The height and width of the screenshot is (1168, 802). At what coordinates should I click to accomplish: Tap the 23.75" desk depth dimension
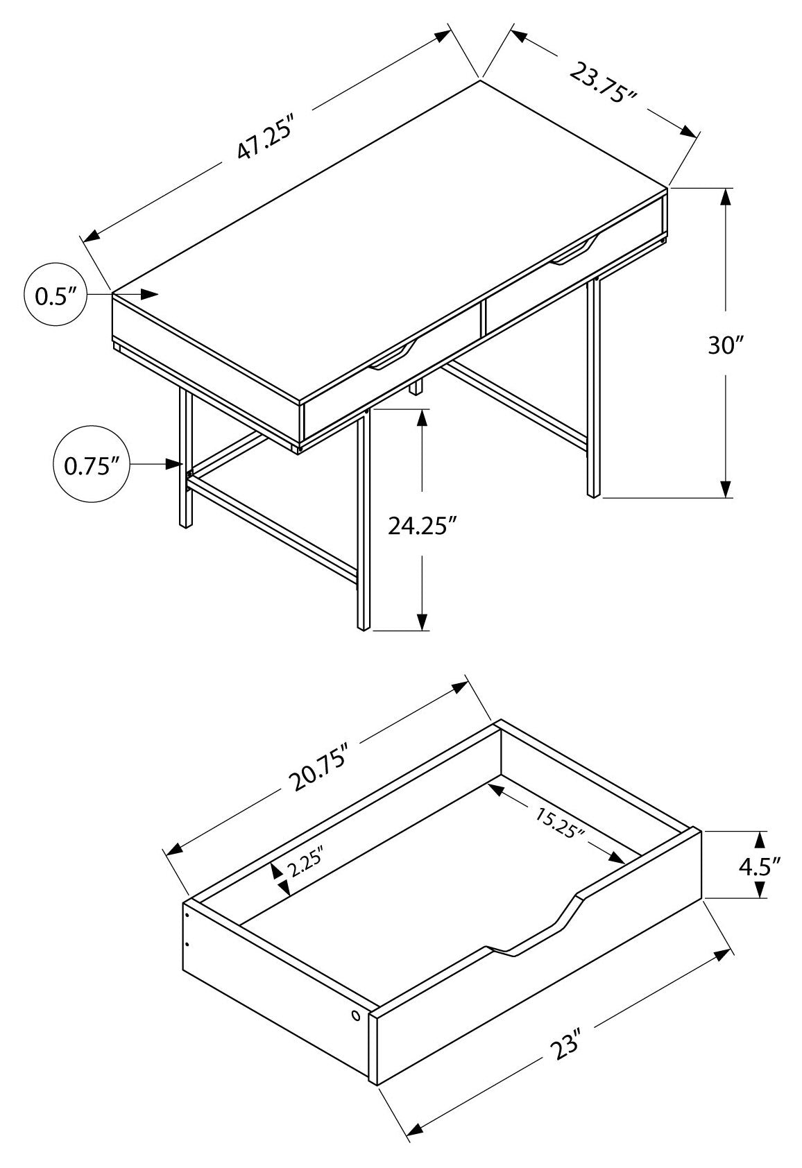coord(602,82)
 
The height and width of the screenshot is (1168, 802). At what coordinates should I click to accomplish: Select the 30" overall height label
coord(726,345)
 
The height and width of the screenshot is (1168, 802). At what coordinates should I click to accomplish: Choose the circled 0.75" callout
coord(87,465)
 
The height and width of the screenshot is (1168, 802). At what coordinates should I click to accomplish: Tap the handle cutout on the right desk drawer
coord(574,252)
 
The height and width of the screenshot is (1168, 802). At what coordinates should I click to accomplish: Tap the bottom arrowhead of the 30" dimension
coord(725,489)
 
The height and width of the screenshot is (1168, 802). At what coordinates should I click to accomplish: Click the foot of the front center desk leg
coord(362,627)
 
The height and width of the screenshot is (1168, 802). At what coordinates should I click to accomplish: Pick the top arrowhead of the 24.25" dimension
coord(422,418)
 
